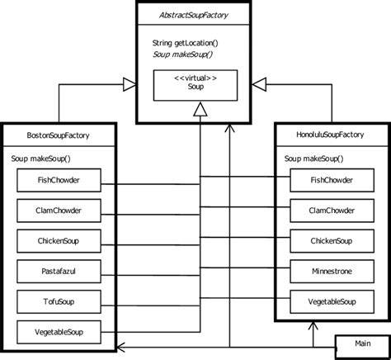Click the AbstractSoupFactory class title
tap(195, 16)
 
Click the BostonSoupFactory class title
tap(59, 134)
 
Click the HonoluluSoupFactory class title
tap(330, 134)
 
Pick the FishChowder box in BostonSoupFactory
tap(59, 179)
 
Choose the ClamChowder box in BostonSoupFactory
tap(59, 210)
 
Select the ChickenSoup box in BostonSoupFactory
tap(59, 240)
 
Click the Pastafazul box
tap(59, 271)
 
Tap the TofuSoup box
tap(59, 301)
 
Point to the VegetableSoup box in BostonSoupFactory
tap(59, 332)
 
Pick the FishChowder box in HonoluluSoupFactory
tap(330, 179)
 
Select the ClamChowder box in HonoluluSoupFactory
tap(330, 210)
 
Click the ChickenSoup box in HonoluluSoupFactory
tap(330, 240)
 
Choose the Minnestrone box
tap(330, 271)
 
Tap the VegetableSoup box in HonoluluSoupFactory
tap(330, 301)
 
